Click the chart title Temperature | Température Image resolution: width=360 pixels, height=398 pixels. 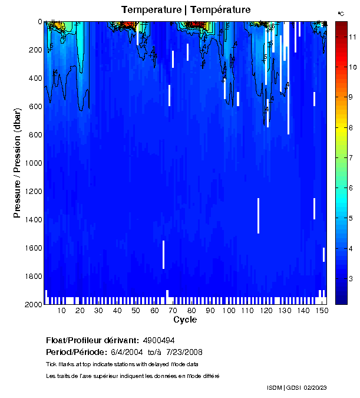coord(186,10)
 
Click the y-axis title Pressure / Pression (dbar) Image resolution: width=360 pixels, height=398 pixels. coord(17,163)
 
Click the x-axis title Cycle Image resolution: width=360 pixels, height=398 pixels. coord(185,320)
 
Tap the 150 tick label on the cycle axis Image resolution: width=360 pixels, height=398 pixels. coord(321,311)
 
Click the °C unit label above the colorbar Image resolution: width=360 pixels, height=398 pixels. coord(341,13)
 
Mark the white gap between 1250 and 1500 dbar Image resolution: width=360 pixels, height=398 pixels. coord(258,216)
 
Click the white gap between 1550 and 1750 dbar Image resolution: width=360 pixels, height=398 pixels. coord(163,255)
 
